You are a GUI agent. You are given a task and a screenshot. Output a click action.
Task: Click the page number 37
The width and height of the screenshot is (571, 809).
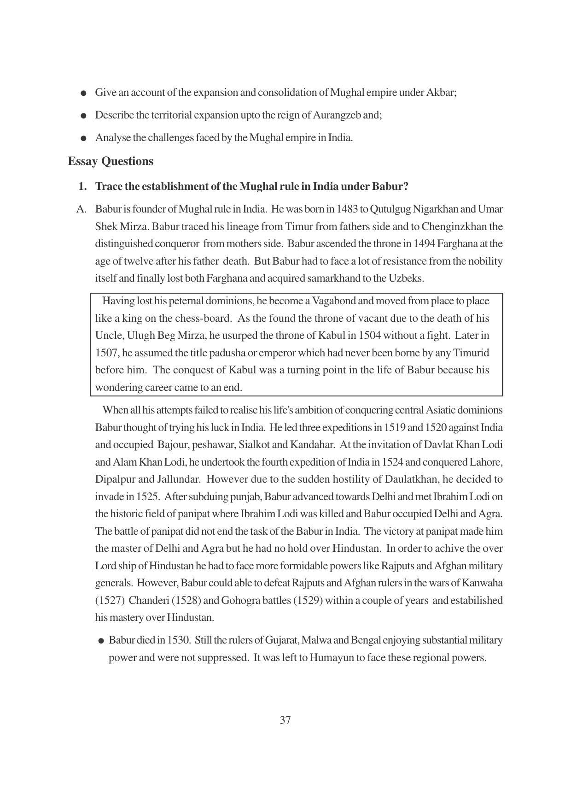click(285, 720)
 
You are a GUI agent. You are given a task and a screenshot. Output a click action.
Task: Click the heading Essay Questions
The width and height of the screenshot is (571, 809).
click(111, 161)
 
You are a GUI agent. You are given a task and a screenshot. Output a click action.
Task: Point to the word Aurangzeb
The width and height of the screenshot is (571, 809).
click(337, 115)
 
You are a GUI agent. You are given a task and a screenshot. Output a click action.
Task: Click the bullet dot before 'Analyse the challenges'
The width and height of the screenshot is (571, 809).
click(83, 138)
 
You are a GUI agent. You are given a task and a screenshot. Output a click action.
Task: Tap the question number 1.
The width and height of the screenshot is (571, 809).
click(82, 186)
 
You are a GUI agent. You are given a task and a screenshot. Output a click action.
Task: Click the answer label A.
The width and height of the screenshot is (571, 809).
click(81, 209)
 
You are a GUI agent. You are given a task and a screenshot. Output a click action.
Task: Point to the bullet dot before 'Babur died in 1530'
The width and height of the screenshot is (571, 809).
click(101, 641)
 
